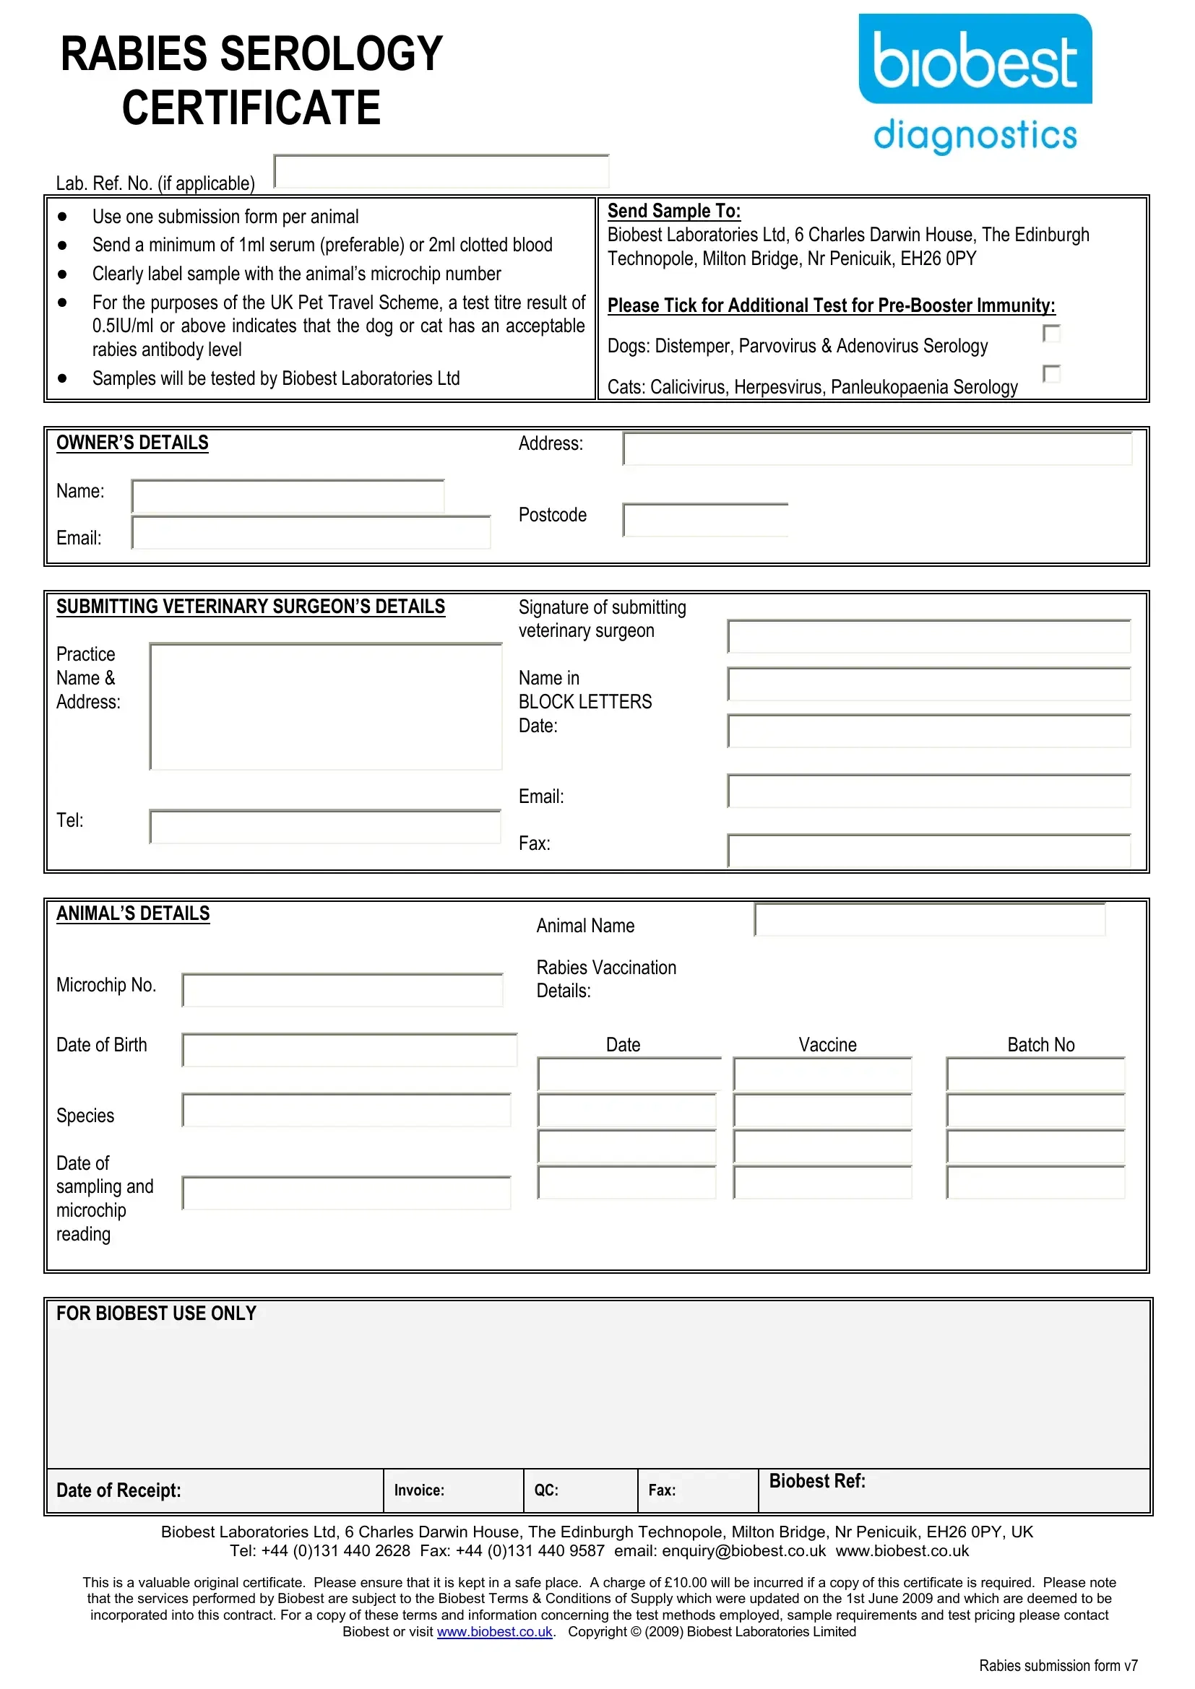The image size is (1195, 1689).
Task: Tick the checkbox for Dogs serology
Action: coord(1051,334)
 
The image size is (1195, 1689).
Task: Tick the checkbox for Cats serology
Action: coord(1051,375)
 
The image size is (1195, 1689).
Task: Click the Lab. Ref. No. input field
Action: coord(441,172)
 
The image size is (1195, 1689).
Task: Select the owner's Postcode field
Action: coord(705,520)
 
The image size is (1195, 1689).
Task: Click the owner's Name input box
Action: coord(288,497)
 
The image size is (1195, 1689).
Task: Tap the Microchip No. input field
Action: coord(342,990)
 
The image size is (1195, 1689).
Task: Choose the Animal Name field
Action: coord(929,920)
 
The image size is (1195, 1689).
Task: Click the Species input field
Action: coord(346,1110)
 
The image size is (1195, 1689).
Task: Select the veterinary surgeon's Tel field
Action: coord(324,827)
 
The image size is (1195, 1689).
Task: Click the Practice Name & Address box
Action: coord(325,707)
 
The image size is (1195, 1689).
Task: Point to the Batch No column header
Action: coord(1040,1045)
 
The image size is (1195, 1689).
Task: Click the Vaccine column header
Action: coord(827,1045)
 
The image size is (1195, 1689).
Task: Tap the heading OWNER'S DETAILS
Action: coord(132,443)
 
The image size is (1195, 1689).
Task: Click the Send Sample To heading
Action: coord(673,211)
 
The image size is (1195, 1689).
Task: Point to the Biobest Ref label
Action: coord(817,1481)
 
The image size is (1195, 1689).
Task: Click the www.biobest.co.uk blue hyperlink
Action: coord(494,1632)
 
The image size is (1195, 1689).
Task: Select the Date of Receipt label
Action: coord(118,1490)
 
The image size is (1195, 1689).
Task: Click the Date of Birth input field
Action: coord(349,1051)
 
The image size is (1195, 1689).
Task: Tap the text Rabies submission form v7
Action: coord(1058,1665)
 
